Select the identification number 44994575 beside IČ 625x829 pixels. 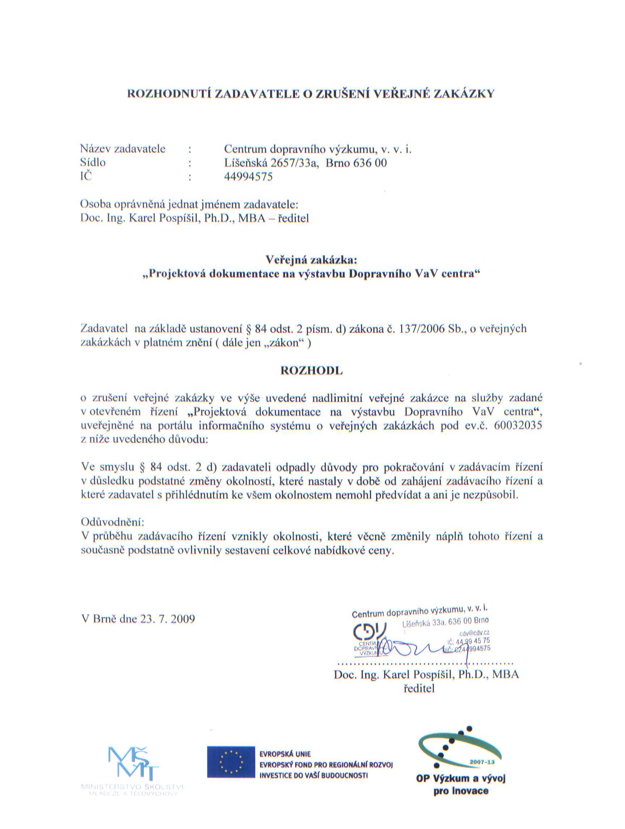(248, 177)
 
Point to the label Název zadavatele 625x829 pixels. (123, 149)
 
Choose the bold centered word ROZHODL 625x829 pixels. (312, 371)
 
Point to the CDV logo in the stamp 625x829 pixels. (369, 633)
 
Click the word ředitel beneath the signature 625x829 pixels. (419, 689)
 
